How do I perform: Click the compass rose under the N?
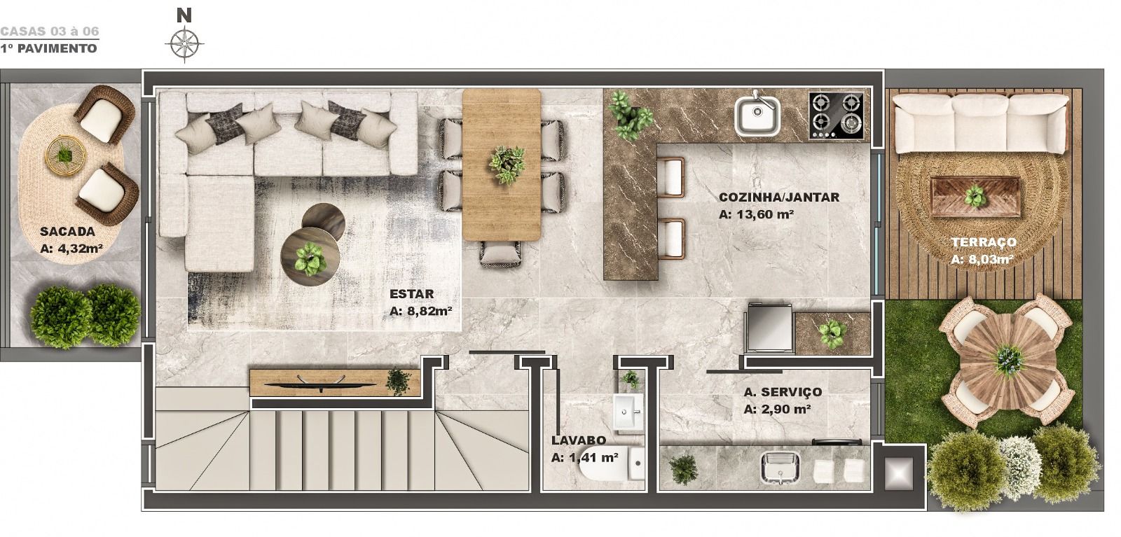[x=185, y=44]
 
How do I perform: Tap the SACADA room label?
[x=67, y=232]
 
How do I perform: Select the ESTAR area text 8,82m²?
[x=428, y=311]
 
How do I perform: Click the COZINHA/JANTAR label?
[x=779, y=197]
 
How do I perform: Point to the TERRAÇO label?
[x=984, y=242]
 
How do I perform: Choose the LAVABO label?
[x=579, y=440]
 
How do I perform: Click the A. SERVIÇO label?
[x=783, y=392]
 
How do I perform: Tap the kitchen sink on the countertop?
[x=757, y=116]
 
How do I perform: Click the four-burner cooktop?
[x=837, y=116]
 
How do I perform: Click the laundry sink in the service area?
[x=780, y=468]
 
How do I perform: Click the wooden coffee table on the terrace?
[x=975, y=197]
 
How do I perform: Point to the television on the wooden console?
[x=320, y=382]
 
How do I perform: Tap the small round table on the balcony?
[x=66, y=155]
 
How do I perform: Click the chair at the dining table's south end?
[x=502, y=254]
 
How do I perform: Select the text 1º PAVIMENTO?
[x=48, y=48]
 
